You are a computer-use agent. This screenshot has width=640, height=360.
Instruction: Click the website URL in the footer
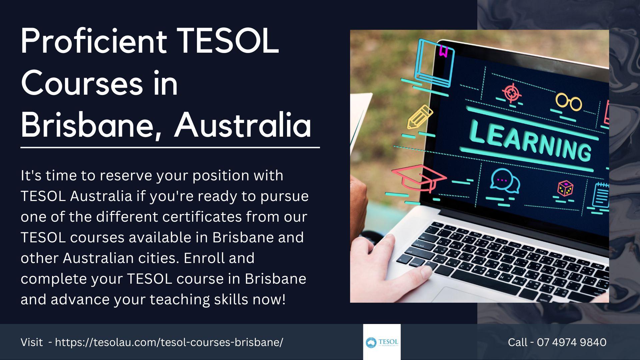(169, 342)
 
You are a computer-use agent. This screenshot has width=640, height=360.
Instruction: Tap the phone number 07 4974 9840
(572, 342)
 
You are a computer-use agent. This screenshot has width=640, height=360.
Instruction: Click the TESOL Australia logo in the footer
(382, 342)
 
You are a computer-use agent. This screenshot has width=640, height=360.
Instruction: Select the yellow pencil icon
(419, 117)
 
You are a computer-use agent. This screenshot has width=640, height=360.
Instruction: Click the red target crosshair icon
(512, 93)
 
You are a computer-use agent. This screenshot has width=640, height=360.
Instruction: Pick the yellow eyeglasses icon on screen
(569, 102)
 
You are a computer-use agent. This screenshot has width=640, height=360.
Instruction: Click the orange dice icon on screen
(565, 189)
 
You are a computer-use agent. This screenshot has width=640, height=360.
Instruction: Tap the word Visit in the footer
(32, 342)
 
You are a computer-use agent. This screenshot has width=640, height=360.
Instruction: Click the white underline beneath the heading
(170, 147)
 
